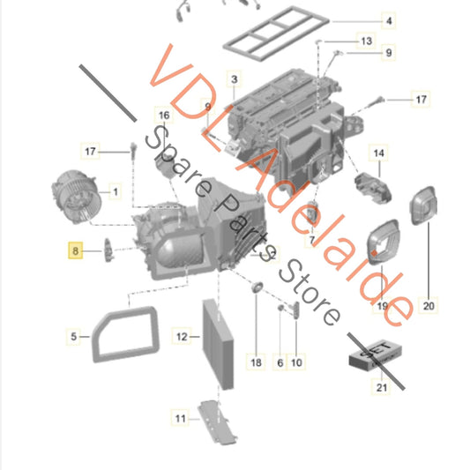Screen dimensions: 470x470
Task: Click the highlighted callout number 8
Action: pos(75,250)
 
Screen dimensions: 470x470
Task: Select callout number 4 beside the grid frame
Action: pos(389,21)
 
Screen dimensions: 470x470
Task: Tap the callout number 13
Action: pos(367,41)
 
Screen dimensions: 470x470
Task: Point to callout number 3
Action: pos(234,79)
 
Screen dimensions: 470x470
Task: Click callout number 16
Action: pos(164,116)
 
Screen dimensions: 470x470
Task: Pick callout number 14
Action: pos(378,153)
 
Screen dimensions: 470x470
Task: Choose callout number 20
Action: pos(429,306)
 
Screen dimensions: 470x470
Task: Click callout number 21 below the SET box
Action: pos(381,387)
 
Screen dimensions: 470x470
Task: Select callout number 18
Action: pos(256,362)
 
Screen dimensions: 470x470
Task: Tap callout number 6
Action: pos(280,362)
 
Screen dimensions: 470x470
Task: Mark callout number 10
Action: pos(296,362)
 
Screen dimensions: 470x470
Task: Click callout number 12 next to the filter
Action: pos(182,337)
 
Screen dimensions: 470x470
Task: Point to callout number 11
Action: pos(180,418)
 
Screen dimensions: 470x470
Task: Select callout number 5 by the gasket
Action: pos(73,336)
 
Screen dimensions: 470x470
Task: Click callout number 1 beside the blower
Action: pos(116,191)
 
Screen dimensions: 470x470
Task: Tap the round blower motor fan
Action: pos(77,197)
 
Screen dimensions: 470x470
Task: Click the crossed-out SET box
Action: pos(376,355)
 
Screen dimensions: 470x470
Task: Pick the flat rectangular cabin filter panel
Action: pos(218,344)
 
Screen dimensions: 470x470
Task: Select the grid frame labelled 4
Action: pos(276,34)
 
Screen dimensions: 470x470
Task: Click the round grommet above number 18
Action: pos(257,287)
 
